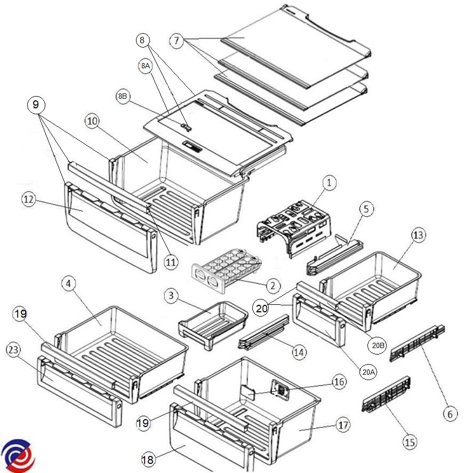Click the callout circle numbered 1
[329, 183]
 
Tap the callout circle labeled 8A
[145, 66]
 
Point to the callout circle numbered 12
[29, 199]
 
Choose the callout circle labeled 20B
[377, 345]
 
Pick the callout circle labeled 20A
[367, 372]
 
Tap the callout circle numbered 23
[13, 350]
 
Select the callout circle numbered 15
[409, 442]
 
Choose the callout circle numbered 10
[92, 121]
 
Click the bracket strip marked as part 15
[387, 398]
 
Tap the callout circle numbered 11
[170, 262]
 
